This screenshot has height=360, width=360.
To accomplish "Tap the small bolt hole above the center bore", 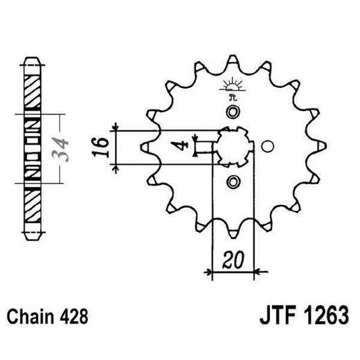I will pos(233,112).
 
